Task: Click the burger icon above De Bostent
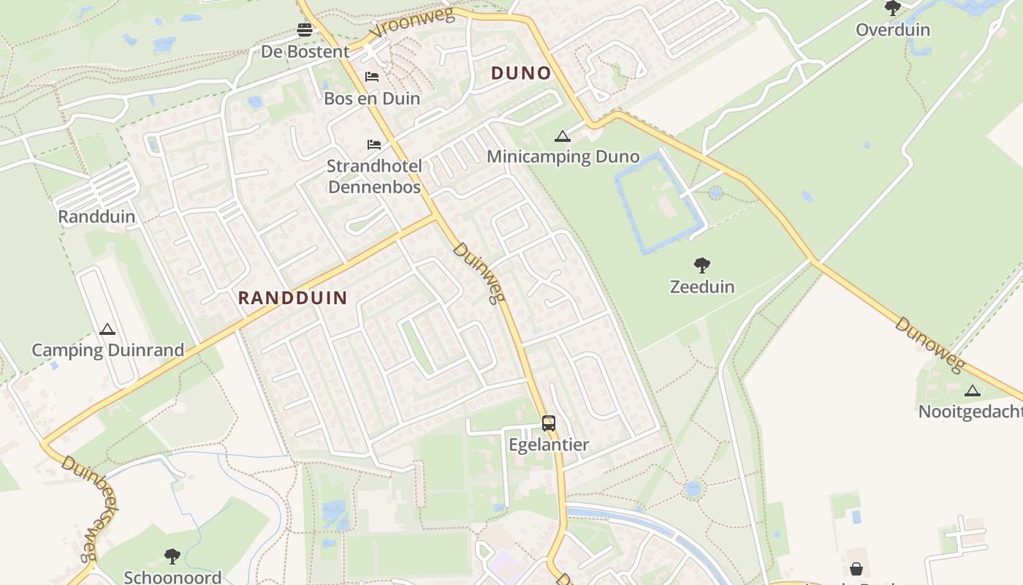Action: [305, 30]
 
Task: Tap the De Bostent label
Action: [305, 52]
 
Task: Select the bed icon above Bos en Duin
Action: [372, 77]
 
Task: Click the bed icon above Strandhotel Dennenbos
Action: [374, 144]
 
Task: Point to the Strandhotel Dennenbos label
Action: [374, 177]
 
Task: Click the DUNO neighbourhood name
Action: [521, 73]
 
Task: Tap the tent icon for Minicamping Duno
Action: [562, 136]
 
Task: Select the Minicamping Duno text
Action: [563, 156]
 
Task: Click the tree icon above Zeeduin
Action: [702, 265]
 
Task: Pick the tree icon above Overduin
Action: [892, 8]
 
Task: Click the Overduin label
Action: [892, 30]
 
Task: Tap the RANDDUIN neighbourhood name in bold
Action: [292, 298]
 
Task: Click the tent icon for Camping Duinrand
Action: [107, 330]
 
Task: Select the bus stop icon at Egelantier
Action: [548, 423]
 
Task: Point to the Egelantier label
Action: [549, 445]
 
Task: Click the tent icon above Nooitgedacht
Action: [972, 390]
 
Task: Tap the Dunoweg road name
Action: [929, 344]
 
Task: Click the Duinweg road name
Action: [479, 273]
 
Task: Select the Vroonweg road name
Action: [412, 23]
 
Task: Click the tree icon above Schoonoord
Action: [172, 556]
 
